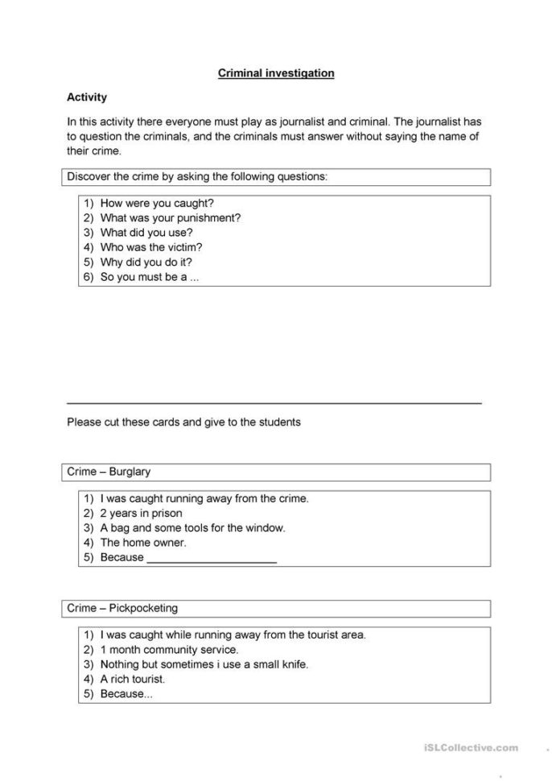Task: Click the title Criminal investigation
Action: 276,73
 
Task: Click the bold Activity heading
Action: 87,97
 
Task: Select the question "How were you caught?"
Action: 157,204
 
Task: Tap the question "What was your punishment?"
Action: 171,218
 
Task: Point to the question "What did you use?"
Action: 146,233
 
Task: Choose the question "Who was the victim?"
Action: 151,247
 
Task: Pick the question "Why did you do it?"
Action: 146,262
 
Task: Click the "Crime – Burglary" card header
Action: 109,472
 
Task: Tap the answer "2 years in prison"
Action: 142,513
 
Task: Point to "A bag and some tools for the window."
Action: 193,528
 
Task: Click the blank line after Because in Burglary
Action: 212,558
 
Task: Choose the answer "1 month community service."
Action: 169,649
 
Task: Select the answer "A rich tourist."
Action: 133,679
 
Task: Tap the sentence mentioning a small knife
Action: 204,664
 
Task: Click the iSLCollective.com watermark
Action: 471,748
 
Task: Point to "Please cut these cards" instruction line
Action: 183,421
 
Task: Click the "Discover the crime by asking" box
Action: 276,176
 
